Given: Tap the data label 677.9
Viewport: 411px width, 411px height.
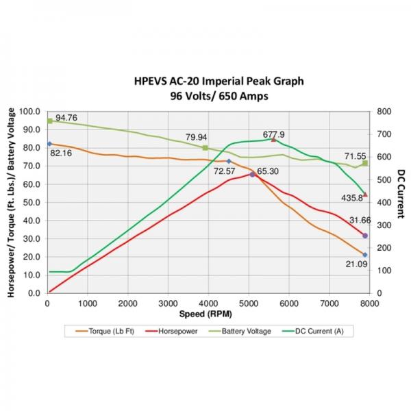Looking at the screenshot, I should pyautogui.click(x=273, y=134).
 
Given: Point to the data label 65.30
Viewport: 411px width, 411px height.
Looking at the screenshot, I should pyautogui.click(x=267, y=171).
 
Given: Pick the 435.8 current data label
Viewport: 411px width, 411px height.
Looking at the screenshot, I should pyautogui.click(x=353, y=199).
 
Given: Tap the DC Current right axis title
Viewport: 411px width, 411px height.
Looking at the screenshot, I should pyautogui.click(x=401, y=201).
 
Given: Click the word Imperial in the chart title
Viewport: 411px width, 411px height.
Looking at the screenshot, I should pyautogui.click(x=214, y=82).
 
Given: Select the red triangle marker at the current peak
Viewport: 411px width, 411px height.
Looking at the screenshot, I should pyautogui.click(x=274, y=140).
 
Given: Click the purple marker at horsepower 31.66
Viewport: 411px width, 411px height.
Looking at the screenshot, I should pyautogui.click(x=365, y=236).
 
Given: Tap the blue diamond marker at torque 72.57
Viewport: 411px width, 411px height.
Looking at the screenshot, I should pyautogui.click(x=229, y=161).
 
